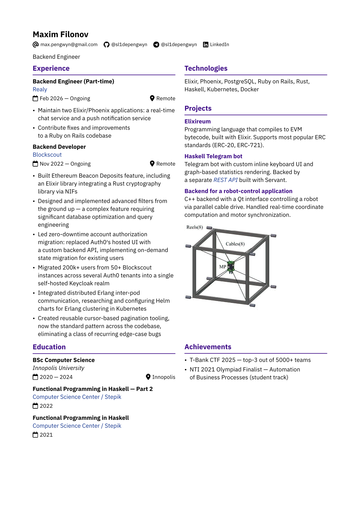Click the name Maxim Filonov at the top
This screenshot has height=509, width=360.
point(60,34)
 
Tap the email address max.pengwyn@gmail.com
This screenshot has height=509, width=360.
point(69,44)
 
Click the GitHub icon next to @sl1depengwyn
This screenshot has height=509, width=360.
point(106,45)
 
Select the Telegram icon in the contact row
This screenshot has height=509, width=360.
point(156,45)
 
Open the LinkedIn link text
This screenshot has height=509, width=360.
point(219,44)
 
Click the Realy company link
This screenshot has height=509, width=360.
point(40,89)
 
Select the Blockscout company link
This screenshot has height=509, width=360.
point(47,155)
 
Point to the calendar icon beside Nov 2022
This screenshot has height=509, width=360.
point(35,164)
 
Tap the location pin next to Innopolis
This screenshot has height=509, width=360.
point(148,377)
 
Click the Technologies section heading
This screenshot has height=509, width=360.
point(206,68)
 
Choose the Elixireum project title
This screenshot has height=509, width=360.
point(197,122)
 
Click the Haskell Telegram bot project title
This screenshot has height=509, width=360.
point(213,156)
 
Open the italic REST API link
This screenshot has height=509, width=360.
point(225,180)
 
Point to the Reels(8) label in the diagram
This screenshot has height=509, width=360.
point(195,227)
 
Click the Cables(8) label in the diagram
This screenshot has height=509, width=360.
point(235,244)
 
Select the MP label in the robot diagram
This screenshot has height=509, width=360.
point(222,267)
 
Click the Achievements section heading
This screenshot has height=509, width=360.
point(208,347)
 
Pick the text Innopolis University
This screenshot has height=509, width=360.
point(58,368)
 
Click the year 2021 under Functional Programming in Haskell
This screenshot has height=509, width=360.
point(46,435)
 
